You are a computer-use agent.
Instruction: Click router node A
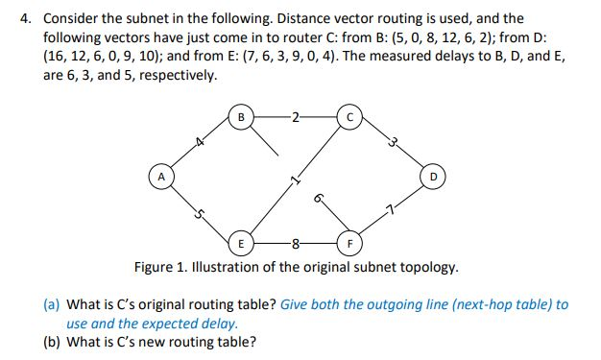coord(162,179)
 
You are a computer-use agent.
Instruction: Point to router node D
coord(434,179)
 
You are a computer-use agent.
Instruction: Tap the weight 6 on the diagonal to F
coord(317,198)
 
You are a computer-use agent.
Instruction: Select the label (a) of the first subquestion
coord(54,304)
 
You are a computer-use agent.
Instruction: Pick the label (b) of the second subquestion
coord(54,343)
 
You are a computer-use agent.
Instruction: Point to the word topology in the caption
coord(426,266)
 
